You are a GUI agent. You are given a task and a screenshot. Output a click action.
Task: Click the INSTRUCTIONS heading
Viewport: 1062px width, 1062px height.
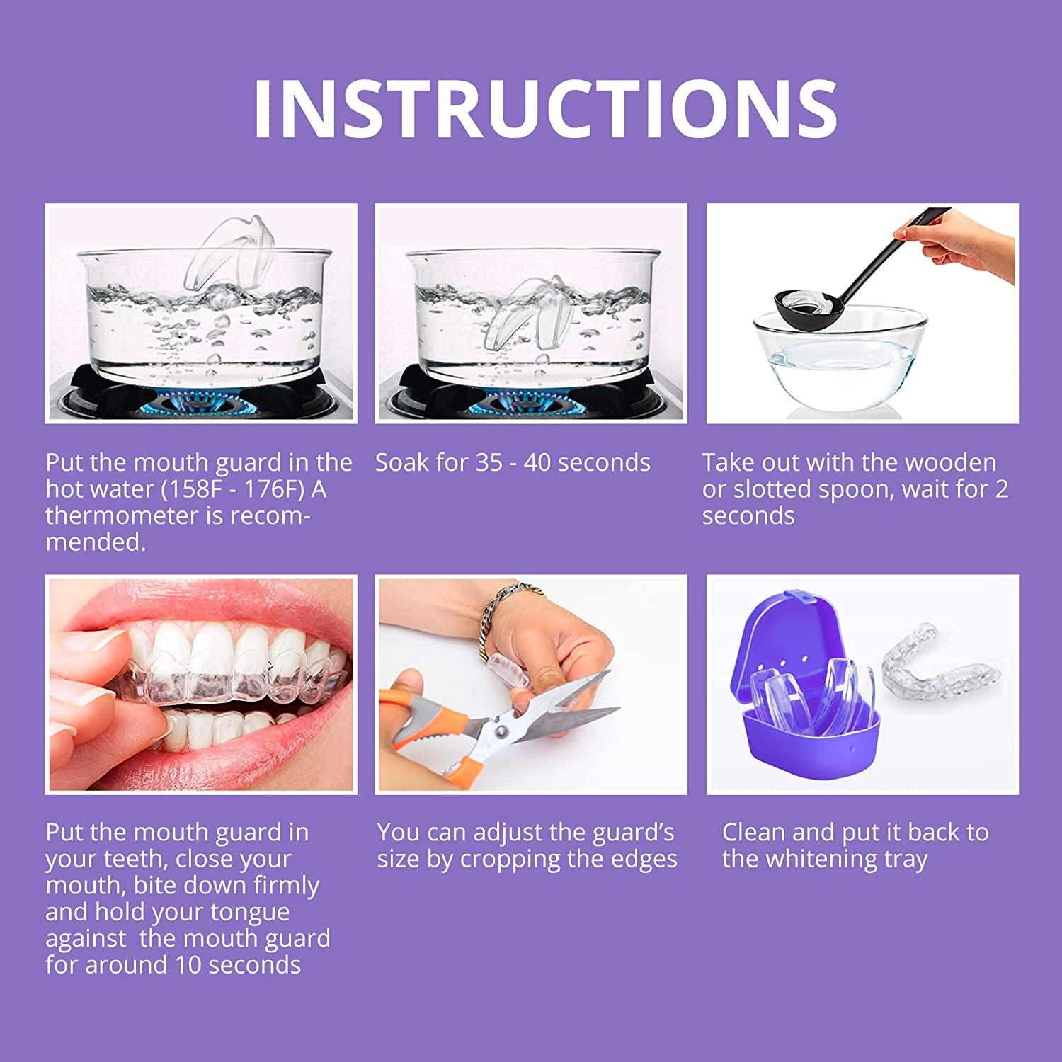545,108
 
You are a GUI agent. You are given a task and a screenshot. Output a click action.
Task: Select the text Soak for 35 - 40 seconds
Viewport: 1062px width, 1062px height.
513,463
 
